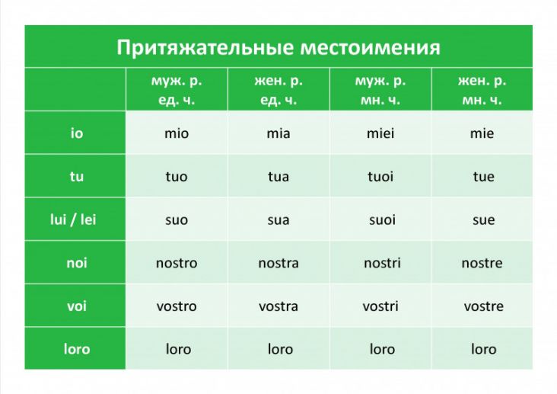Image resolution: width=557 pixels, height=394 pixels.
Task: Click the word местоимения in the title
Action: pyautogui.click(x=370, y=48)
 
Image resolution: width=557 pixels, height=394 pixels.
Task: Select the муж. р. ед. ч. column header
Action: pyautogui.click(x=177, y=90)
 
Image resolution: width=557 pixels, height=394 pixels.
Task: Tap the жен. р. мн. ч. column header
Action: pyautogui.click(x=482, y=90)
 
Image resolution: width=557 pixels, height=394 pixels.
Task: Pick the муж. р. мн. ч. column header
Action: pyautogui.click(x=380, y=90)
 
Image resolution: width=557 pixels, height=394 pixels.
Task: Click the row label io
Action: pyautogui.click(x=77, y=133)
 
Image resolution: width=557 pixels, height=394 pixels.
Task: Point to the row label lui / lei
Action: pyautogui.click(x=73, y=219)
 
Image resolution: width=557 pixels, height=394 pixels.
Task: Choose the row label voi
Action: pyautogui.click(x=77, y=306)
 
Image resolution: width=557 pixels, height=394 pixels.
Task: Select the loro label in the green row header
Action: pyautogui.click(x=77, y=349)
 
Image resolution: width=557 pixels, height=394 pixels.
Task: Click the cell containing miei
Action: pyautogui.click(x=380, y=133)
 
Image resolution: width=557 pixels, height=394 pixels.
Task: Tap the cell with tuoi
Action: pyautogui.click(x=380, y=177)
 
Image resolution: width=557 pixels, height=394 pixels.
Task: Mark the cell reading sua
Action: pyautogui.click(x=278, y=220)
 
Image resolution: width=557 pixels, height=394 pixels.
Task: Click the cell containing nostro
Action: pyautogui.click(x=177, y=263)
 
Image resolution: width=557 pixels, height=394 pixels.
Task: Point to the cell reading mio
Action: pyautogui.click(x=177, y=133)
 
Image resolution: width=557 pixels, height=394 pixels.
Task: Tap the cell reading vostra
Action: pyautogui.click(x=278, y=306)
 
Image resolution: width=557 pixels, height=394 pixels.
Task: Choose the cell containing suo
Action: pyautogui.click(x=177, y=220)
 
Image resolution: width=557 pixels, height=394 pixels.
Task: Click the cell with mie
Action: pyautogui.click(x=482, y=133)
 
